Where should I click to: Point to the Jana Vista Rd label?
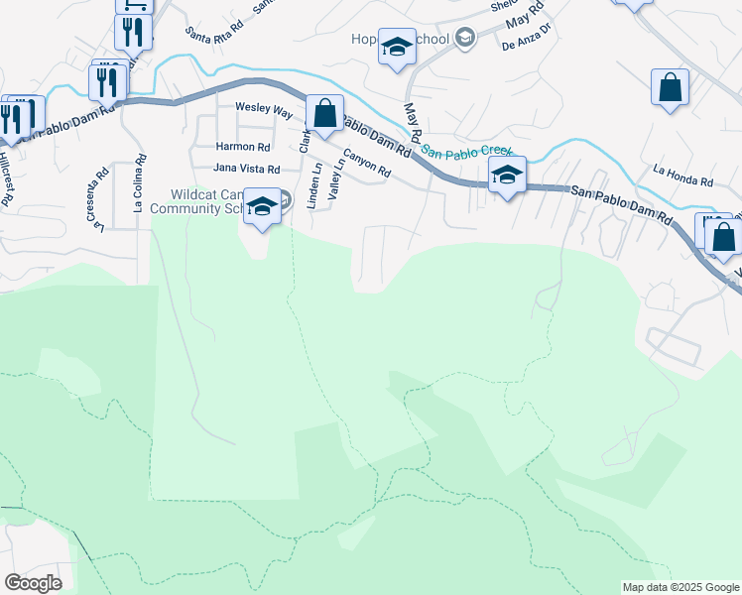[x=247, y=170]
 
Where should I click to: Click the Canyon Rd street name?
[x=367, y=164]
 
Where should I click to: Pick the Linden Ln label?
[x=316, y=185]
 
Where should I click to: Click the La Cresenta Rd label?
[x=100, y=199]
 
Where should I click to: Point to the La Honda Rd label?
[x=682, y=182]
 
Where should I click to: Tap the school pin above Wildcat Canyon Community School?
[x=262, y=207]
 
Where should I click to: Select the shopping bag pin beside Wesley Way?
[x=324, y=114]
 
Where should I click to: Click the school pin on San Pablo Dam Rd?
[x=507, y=176]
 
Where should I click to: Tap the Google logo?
[x=33, y=583]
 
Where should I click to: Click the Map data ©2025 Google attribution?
[x=680, y=587]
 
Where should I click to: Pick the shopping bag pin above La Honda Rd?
[x=671, y=87]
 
